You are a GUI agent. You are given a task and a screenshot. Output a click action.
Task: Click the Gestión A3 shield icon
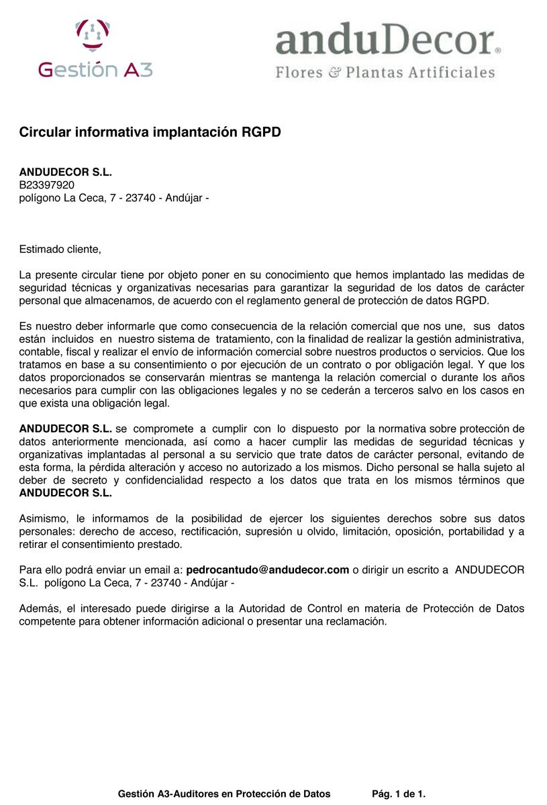(x=93, y=34)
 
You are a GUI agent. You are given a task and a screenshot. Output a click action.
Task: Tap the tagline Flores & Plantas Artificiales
(x=385, y=72)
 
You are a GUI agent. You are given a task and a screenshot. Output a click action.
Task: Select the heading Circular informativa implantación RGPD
(x=150, y=132)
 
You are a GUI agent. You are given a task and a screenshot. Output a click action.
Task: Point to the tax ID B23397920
(x=46, y=185)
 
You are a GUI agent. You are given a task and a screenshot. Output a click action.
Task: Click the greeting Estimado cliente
(x=60, y=250)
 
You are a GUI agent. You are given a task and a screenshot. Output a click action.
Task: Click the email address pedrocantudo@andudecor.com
(x=267, y=570)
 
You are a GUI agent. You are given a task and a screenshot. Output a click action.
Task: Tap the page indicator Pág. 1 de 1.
(x=399, y=794)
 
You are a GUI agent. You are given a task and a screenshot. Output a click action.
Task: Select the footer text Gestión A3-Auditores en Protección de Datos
(x=224, y=794)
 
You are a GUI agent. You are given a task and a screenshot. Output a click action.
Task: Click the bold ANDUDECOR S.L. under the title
(x=65, y=172)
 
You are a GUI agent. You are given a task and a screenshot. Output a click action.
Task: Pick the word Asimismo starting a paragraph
(x=43, y=519)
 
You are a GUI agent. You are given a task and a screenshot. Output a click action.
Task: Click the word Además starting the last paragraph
(x=39, y=609)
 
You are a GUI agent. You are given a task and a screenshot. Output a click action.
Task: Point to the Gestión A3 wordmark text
(x=95, y=70)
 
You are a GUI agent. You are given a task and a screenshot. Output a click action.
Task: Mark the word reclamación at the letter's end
(x=355, y=622)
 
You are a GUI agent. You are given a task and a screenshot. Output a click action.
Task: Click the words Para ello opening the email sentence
(x=40, y=570)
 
